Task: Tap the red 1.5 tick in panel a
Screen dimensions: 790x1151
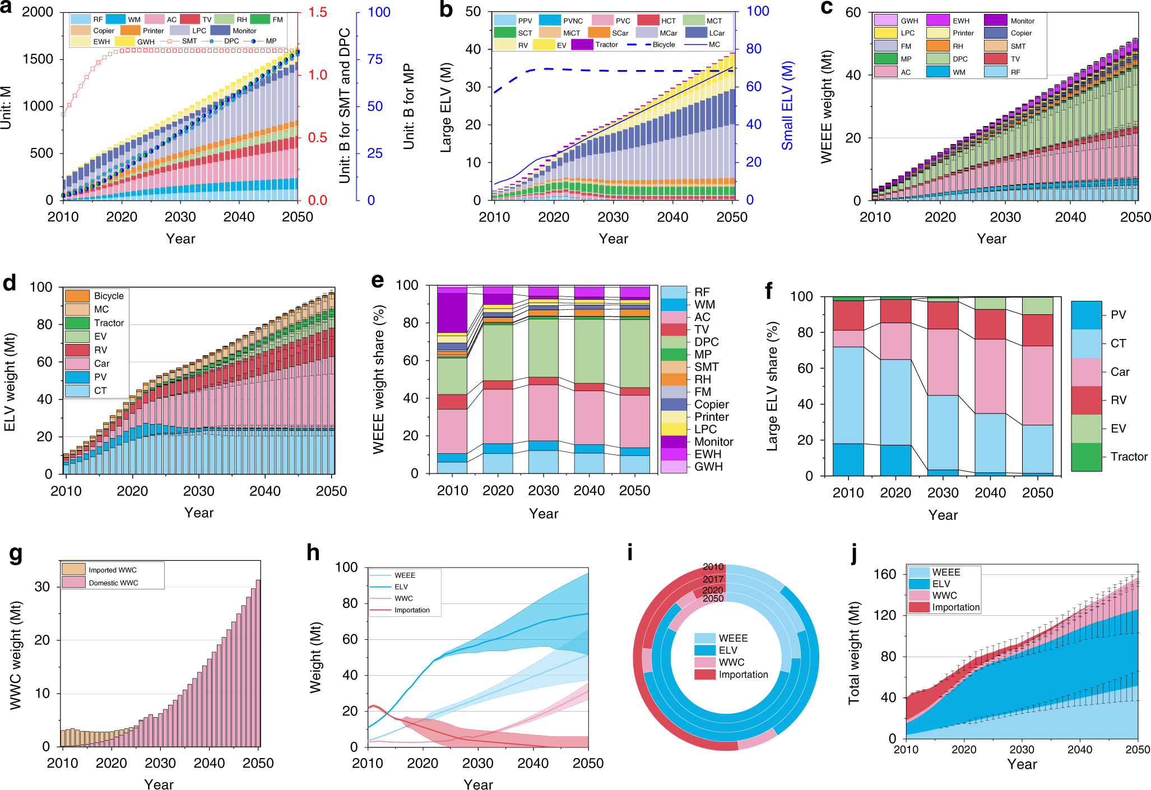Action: point(317,12)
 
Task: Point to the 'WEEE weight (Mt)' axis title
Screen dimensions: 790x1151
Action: point(827,106)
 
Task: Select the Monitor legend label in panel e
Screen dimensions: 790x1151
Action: point(713,442)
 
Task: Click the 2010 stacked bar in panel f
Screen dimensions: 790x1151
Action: point(848,386)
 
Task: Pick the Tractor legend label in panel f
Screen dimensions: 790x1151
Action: point(1129,457)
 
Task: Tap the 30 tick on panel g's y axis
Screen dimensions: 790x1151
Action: point(43,587)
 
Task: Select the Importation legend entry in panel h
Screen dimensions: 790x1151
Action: point(411,610)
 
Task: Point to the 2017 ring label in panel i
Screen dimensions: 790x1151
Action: point(713,579)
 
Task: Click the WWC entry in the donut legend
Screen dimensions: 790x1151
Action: point(731,662)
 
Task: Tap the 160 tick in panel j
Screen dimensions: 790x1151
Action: point(885,574)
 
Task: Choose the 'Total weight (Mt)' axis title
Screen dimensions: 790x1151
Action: point(853,653)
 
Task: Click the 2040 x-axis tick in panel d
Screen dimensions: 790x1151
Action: point(265,491)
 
